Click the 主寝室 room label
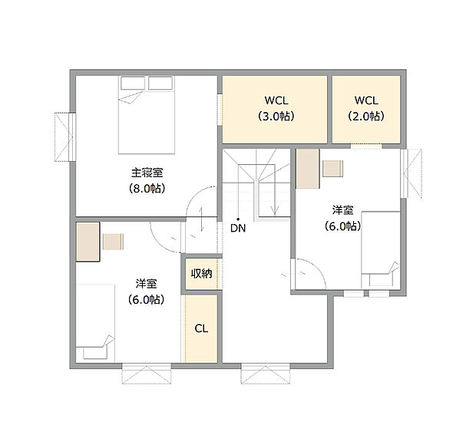[146, 173]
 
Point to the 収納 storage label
[201, 274]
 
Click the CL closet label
[201, 328]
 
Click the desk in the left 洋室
[87, 241]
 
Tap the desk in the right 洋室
[308, 169]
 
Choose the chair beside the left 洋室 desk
[113, 241]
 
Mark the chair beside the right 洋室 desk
[333, 169]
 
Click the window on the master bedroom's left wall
[64, 136]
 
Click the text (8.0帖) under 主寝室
[146, 188]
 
